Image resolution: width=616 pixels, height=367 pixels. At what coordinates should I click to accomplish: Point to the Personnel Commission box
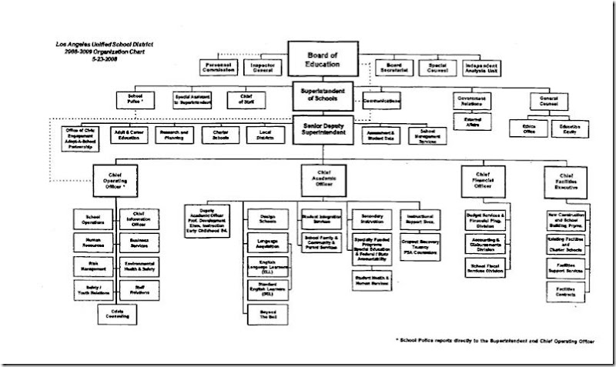pyautogui.click(x=219, y=68)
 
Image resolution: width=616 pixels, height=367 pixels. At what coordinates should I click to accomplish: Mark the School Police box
pyautogui.click(x=133, y=100)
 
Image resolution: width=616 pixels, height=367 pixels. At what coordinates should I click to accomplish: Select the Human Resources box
pyautogui.click(x=93, y=242)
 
